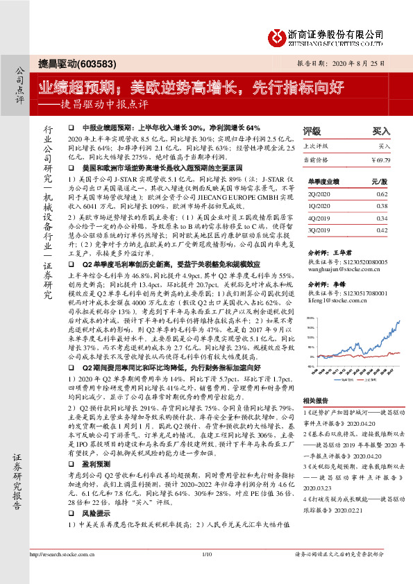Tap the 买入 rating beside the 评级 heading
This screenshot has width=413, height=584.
[x=381, y=130]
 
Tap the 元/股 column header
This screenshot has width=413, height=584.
[x=379, y=181]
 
